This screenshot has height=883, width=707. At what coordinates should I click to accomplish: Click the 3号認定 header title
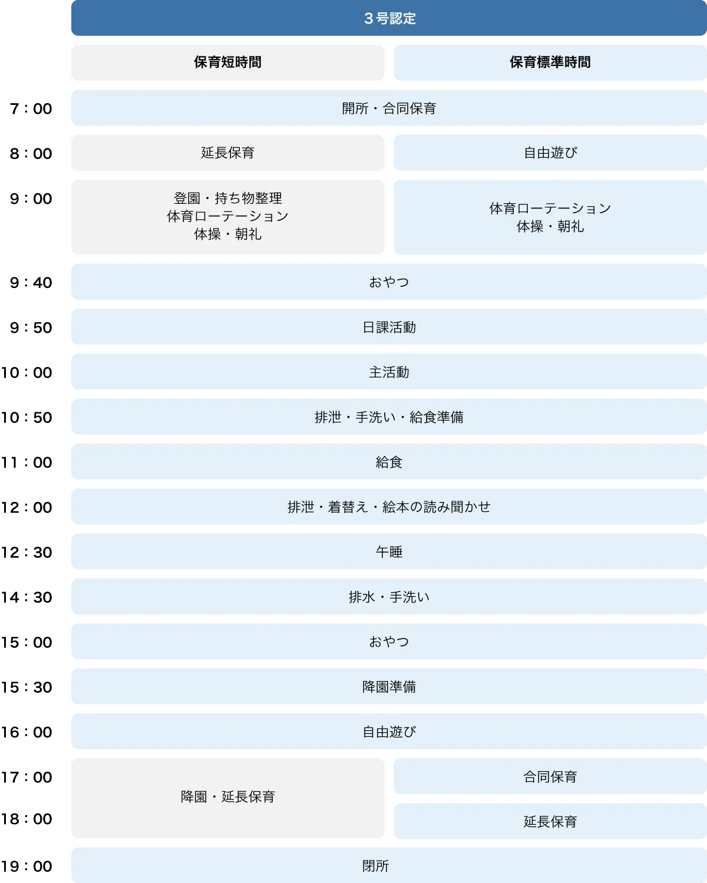pyautogui.click(x=389, y=19)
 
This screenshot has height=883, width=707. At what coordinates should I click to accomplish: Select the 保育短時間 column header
pyautogui.click(x=227, y=62)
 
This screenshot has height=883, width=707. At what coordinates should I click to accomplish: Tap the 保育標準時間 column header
pyautogui.click(x=550, y=62)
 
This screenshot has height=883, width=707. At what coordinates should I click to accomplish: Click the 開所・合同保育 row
pyautogui.click(x=389, y=108)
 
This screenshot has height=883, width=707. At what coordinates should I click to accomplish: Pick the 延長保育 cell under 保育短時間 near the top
pyautogui.click(x=227, y=153)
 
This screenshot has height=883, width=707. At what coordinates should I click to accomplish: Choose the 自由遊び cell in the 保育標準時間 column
pyautogui.click(x=550, y=153)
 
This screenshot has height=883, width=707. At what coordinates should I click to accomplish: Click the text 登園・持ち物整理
pyautogui.click(x=227, y=199)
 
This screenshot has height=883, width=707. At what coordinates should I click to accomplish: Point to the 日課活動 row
pyautogui.click(x=389, y=328)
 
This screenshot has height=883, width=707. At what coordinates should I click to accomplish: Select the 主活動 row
pyautogui.click(x=389, y=372)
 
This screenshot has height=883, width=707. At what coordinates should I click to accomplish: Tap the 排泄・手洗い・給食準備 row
pyautogui.click(x=389, y=418)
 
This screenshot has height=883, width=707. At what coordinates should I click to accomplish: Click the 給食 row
pyautogui.click(x=389, y=462)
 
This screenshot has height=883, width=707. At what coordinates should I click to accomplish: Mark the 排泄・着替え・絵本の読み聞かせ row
pyautogui.click(x=389, y=507)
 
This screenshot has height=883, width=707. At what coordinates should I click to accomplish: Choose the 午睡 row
pyautogui.click(x=389, y=552)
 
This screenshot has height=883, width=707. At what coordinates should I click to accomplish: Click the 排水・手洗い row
pyautogui.click(x=389, y=597)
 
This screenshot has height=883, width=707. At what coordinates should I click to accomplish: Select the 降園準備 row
pyautogui.click(x=389, y=687)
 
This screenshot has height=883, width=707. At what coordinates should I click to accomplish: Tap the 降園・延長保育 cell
pyautogui.click(x=227, y=797)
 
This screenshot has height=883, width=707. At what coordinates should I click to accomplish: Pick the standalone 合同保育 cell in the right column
pyautogui.click(x=550, y=777)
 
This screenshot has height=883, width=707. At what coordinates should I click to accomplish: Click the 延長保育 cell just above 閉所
pyautogui.click(x=550, y=822)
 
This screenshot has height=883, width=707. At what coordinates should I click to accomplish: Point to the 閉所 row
pyautogui.click(x=375, y=866)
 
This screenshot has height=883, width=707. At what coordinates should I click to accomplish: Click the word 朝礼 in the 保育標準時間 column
pyautogui.click(x=570, y=227)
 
